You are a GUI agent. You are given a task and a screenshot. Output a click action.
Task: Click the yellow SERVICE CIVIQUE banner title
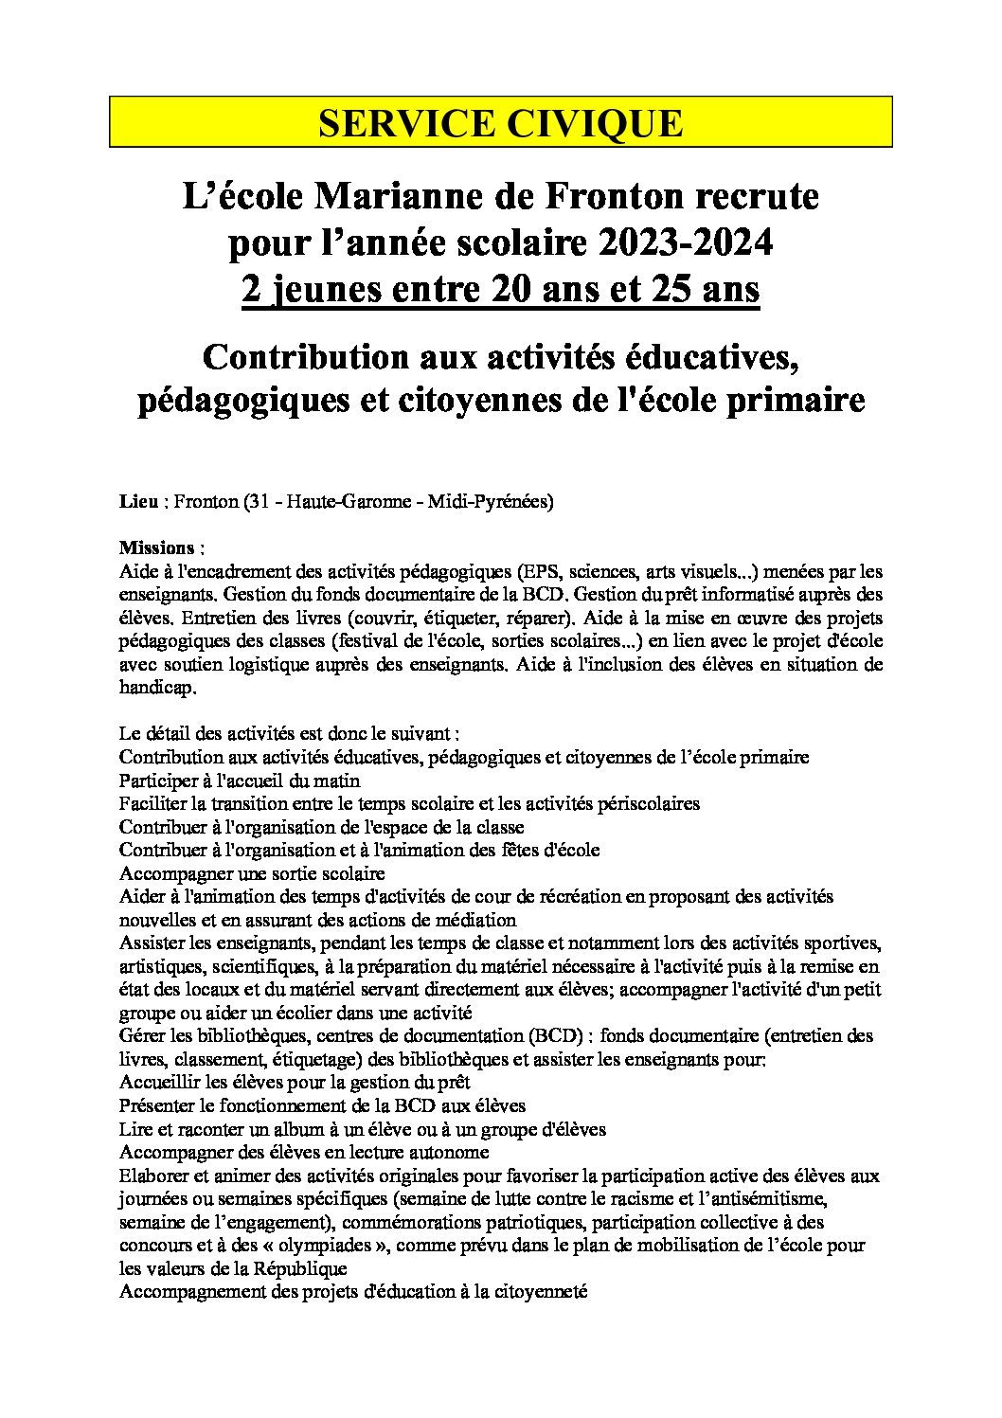500,124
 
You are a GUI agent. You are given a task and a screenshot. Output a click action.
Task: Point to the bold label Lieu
138,503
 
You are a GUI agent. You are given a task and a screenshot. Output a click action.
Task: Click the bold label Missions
157,548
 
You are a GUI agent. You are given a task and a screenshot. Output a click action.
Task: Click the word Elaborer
155,1176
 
